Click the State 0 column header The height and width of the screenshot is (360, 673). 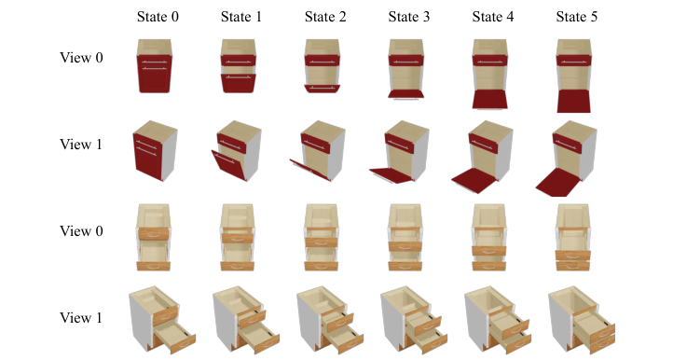click(x=155, y=17)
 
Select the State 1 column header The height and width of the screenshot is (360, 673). click(x=239, y=17)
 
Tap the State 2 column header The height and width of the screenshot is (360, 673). click(x=323, y=17)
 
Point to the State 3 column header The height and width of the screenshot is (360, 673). click(x=406, y=17)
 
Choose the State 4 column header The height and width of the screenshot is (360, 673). click(x=490, y=17)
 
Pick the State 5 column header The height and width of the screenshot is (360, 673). click(x=574, y=17)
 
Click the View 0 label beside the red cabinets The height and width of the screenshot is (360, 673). click(x=81, y=58)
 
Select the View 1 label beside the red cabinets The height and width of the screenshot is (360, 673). click(x=81, y=145)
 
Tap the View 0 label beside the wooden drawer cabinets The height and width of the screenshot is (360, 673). click(x=81, y=231)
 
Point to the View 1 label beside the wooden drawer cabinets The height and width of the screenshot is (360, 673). click(x=81, y=318)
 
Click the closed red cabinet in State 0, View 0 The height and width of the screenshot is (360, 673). click(x=155, y=65)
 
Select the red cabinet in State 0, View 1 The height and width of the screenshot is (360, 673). click(x=155, y=150)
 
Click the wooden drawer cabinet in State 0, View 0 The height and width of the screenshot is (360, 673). click(x=155, y=237)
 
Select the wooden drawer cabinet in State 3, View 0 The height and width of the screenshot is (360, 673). click(x=406, y=237)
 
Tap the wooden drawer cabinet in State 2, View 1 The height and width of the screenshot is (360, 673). click(x=326, y=319)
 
